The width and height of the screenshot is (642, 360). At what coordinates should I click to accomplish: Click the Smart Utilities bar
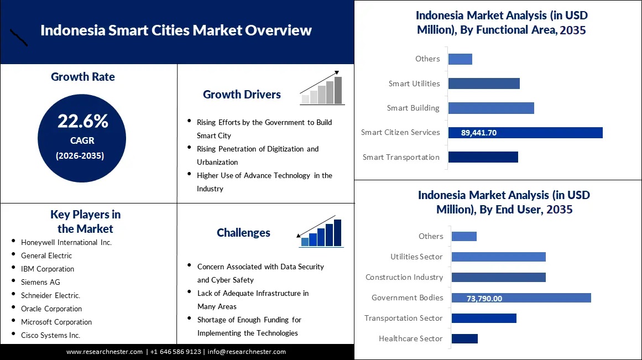click(484, 84)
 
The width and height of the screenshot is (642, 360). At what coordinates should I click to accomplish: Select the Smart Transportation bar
click(483, 157)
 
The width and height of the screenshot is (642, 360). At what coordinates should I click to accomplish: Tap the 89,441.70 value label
click(479, 133)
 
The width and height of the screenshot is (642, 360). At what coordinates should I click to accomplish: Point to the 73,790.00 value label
click(484, 299)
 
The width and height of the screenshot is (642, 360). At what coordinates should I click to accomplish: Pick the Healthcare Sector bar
click(464, 338)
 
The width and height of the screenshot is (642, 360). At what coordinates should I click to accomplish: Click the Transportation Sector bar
click(484, 318)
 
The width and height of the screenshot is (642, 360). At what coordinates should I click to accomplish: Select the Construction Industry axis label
click(404, 277)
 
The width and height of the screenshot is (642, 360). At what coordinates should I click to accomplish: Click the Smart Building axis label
click(413, 108)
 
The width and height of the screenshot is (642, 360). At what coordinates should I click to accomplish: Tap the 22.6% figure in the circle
click(83, 121)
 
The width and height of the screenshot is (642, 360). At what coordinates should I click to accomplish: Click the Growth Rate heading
click(83, 76)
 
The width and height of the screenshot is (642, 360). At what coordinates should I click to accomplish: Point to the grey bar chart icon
click(322, 87)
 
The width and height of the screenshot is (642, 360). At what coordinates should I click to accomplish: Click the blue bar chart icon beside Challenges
click(320, 231)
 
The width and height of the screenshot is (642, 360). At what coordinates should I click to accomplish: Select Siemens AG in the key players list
click(40, 282)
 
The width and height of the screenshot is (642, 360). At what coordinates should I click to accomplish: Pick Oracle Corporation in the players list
click(51, 309)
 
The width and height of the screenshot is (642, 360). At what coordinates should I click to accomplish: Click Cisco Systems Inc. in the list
click(50, 336)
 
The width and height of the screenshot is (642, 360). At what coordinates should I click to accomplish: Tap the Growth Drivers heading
click(242, 95)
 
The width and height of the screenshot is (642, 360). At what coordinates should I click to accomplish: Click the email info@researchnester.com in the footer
click(247, 352)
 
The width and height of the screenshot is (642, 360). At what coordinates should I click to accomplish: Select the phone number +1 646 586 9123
click(176, 352)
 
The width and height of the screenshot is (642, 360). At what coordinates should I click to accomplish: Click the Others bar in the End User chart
click(464, 236)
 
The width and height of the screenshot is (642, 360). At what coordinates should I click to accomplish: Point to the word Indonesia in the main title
click(73, 30)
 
